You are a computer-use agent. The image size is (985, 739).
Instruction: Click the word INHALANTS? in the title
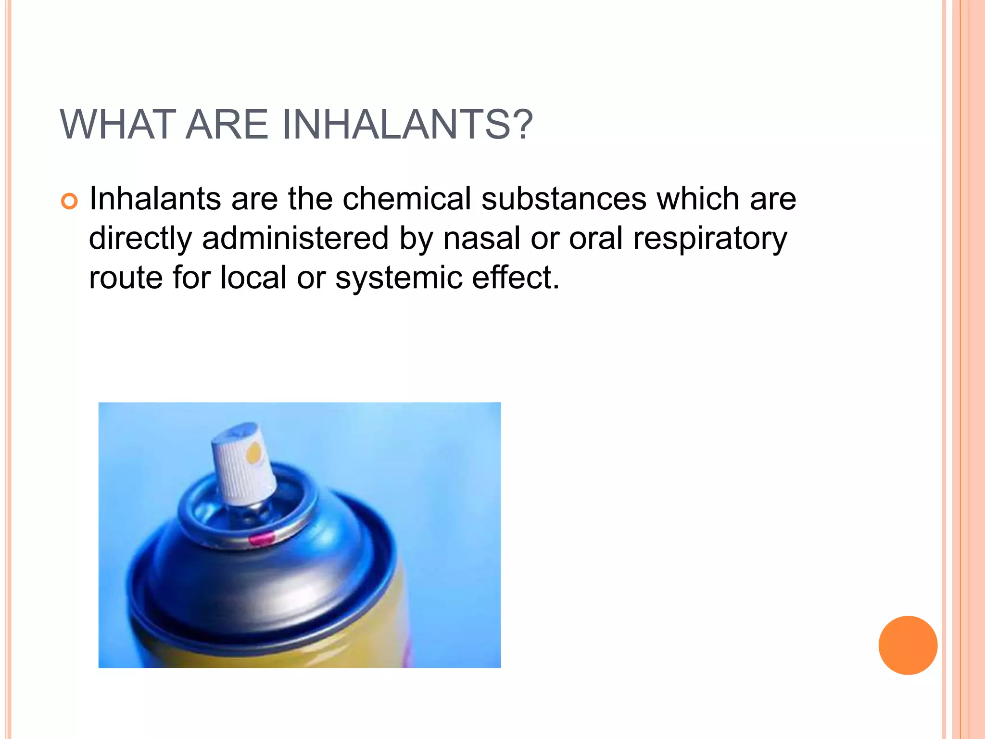(407, 125)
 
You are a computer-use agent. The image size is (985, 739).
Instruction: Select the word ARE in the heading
(226, 125)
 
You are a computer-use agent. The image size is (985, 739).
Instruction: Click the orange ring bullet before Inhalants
(69, 201)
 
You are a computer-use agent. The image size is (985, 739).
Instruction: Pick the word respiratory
(710, 239)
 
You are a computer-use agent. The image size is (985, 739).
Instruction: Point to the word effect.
(516, 278)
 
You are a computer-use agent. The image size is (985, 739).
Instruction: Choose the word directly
(140, 239)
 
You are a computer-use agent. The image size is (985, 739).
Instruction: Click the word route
(126, 279)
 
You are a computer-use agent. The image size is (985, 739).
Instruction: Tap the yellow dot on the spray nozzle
(254, 453)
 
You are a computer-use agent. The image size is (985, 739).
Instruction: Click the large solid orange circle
(908, 645)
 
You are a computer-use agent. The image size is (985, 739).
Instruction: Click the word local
(253, 278)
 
